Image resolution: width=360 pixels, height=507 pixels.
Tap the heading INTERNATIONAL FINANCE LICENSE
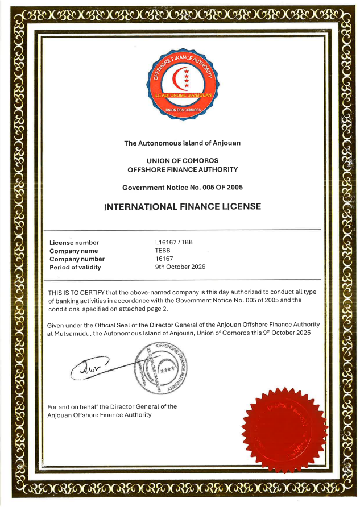click(183, 206)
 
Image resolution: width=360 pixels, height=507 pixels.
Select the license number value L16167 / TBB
click(174, 242)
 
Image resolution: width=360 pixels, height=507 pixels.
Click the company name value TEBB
click(163, 251)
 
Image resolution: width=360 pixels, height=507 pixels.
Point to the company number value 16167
click(164, 259)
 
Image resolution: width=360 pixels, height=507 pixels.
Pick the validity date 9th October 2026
click(180, 267)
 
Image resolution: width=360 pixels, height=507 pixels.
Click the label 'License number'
click(74, 243)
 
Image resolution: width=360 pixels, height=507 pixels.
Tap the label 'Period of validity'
click(75, 267)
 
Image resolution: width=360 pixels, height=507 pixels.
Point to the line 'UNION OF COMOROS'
click(183, 161)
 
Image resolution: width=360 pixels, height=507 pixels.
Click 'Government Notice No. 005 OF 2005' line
click(183, 187)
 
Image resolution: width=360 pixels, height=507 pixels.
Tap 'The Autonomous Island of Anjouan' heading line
click(183, 143)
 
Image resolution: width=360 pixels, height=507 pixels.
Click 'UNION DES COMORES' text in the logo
click(183, 109)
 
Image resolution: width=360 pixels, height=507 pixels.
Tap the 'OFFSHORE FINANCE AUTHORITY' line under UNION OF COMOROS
click(183, 169)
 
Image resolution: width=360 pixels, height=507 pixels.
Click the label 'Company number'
click(77, 259)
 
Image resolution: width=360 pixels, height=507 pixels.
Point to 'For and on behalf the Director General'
click(112, 406)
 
